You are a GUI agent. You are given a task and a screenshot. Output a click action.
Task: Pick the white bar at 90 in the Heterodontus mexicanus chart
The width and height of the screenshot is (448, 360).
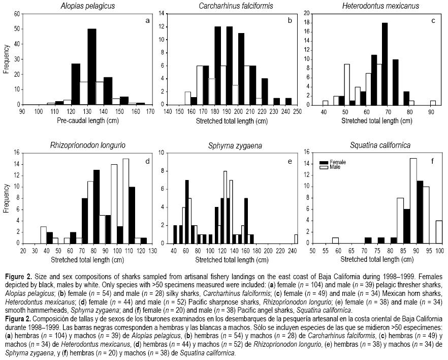pyautogui.click(x=433, y=102)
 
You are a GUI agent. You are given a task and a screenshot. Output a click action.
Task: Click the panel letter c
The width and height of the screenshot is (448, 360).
pyautogui.click(x=433, y=21)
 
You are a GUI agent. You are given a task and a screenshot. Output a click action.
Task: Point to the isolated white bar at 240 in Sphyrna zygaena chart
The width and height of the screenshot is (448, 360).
pyautogui.click(x=296, y=239)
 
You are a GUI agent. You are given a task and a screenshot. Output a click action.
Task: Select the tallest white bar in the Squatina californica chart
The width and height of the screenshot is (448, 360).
pyautogui.click(x=413, y=201)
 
